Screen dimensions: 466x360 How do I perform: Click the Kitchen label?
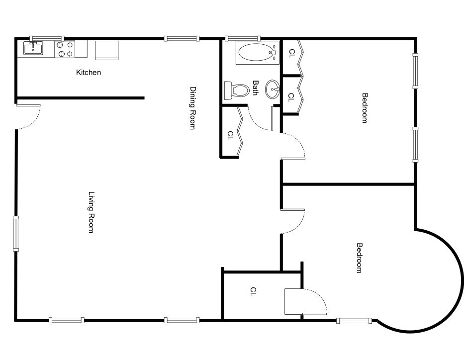(89, 73)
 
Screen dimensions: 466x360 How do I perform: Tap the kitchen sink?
(33, 48)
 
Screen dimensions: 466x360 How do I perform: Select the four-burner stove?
(65, 49)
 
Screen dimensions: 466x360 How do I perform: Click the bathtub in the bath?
(258, 53)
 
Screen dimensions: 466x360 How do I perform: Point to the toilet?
(237, 90)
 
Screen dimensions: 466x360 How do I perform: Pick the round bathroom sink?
(272, 89)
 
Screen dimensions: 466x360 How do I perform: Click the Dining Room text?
(192, 108)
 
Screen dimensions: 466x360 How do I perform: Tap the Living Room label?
(91, 212)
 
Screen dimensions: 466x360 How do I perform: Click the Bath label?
(255, 88)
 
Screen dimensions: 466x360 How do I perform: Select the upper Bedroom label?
(365, 108)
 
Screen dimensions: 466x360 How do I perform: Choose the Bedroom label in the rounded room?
(359, 258)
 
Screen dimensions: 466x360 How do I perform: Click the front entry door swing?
(28, 117)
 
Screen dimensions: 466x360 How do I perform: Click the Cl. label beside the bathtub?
(291, 53)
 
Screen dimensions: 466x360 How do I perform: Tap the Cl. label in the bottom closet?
(253, 291)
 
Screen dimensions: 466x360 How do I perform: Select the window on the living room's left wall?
(16, 234)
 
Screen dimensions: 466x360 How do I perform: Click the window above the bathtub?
(243, 38)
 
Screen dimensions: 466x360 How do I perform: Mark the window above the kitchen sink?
(47, 38)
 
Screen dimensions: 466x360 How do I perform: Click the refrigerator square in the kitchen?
(107, 50)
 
